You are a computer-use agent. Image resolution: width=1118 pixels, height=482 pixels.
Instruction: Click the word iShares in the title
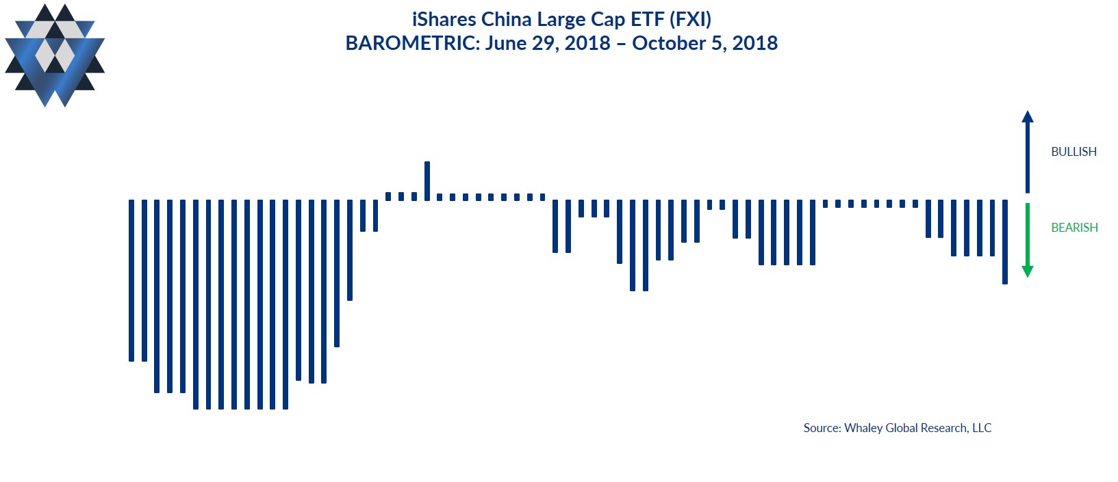444,19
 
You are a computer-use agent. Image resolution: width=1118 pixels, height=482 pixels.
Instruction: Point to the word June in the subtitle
506,43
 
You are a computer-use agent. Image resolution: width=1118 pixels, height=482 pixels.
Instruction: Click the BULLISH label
1073,152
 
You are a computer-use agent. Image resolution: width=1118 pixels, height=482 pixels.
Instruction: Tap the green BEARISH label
1074,228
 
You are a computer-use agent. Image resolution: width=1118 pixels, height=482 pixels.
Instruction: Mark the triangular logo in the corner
55,55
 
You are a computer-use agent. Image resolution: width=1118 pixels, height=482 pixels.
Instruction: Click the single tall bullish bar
427,180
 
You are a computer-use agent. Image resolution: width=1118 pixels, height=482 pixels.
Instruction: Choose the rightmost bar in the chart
1005,241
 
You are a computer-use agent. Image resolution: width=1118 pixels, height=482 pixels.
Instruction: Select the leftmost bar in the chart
131,280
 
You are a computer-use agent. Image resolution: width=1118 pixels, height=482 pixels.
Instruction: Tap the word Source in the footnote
822,428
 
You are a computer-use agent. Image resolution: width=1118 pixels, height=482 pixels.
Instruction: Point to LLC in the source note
982,428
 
